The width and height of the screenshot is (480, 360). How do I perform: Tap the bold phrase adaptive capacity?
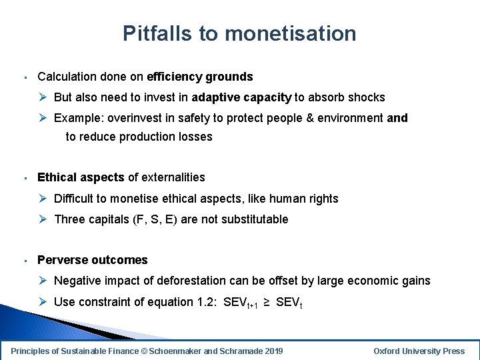241,97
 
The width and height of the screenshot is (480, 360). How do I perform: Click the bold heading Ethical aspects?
81,177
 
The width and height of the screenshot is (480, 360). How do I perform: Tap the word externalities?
173,177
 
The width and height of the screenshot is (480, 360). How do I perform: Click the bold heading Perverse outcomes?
93,260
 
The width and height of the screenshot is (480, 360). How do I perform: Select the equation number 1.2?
203,302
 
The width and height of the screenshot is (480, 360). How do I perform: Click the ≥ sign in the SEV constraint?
265,302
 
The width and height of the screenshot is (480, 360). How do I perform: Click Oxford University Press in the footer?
419,351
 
